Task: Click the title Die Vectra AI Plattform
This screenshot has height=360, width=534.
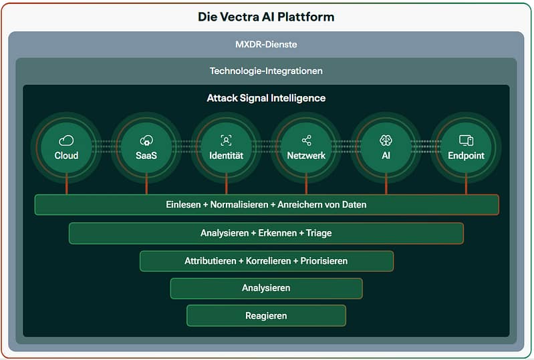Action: coord(266,17)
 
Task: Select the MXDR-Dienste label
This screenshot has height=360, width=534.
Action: coord(266,45)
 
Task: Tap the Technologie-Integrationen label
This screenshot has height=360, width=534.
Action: coord(266,70)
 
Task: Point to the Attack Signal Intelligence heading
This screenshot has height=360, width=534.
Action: coord(266,98)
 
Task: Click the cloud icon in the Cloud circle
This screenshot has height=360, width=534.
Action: coord(66,140)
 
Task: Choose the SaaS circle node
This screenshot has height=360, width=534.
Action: coord(146,148)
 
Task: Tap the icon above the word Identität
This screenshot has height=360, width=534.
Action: coord(226,140)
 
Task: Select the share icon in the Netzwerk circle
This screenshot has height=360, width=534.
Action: coord(306,140)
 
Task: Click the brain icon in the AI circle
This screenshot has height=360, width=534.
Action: coord(386,140)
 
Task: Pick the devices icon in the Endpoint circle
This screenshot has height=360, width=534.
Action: coord(466,140)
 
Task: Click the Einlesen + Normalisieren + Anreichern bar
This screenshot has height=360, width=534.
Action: coord(266,204)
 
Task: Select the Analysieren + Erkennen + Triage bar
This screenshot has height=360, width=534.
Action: coord(266,233)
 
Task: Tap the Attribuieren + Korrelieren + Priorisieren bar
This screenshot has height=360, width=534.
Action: coord(266,260)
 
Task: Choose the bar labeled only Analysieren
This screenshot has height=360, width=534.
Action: coord(266,288)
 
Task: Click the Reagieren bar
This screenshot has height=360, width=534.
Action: coord(266,315)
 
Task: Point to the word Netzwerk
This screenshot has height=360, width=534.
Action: coord(306,156)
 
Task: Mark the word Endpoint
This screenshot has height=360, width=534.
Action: coord(466,156)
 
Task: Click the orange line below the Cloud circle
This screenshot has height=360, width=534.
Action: coord(66,185)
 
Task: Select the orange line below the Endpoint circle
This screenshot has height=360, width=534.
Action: coord(466,185)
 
